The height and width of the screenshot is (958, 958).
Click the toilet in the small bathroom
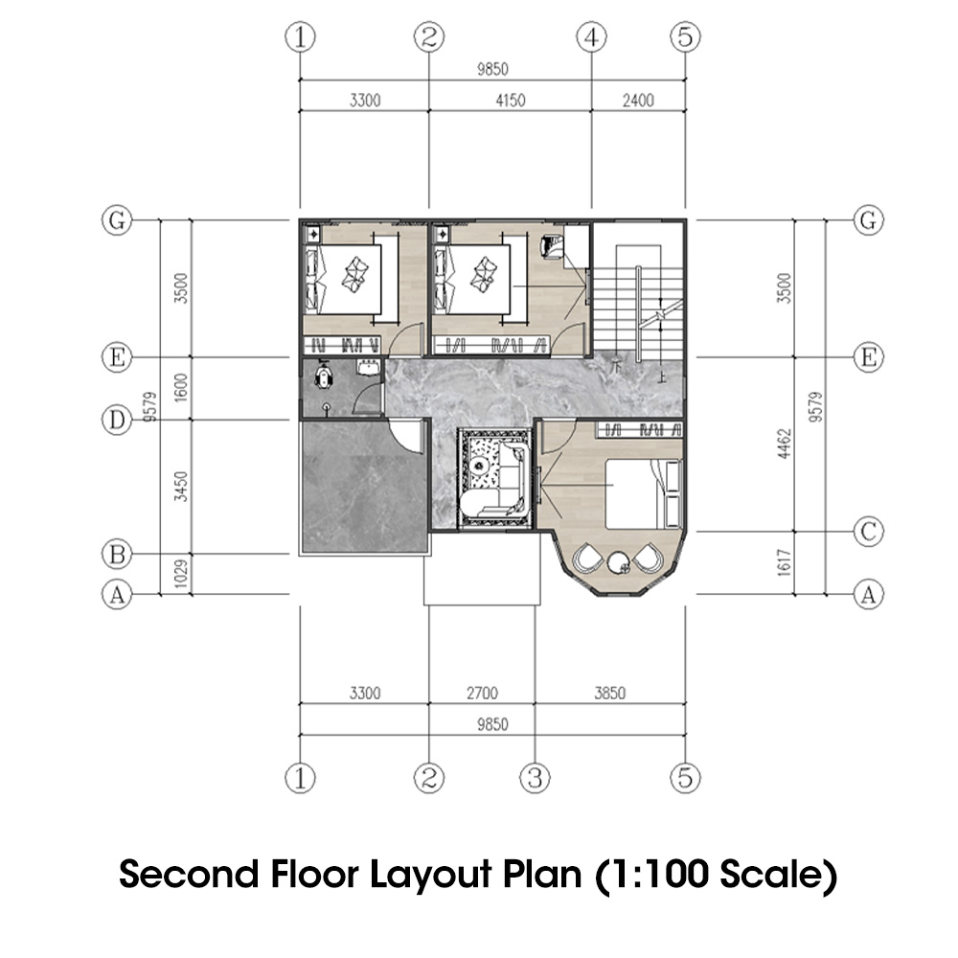pos(324,377)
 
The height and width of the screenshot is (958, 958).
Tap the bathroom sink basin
pos(368,368)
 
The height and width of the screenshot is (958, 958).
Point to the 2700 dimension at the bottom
pos(481,693)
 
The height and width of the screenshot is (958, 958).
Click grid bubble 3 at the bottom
pos(536,777)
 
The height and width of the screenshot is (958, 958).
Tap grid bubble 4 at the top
pos(591,37)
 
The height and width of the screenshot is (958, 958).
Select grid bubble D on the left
pos(116,420)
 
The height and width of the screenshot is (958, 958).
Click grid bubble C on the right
pos(868,533)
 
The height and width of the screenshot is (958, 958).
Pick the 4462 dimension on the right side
pos(784,445)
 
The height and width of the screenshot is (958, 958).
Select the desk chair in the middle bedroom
pos(553,246)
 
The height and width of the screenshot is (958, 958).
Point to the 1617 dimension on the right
pos(784,563)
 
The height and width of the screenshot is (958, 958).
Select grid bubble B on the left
pos(116,554)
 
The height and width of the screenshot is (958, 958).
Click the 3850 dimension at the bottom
pos(609,693)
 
